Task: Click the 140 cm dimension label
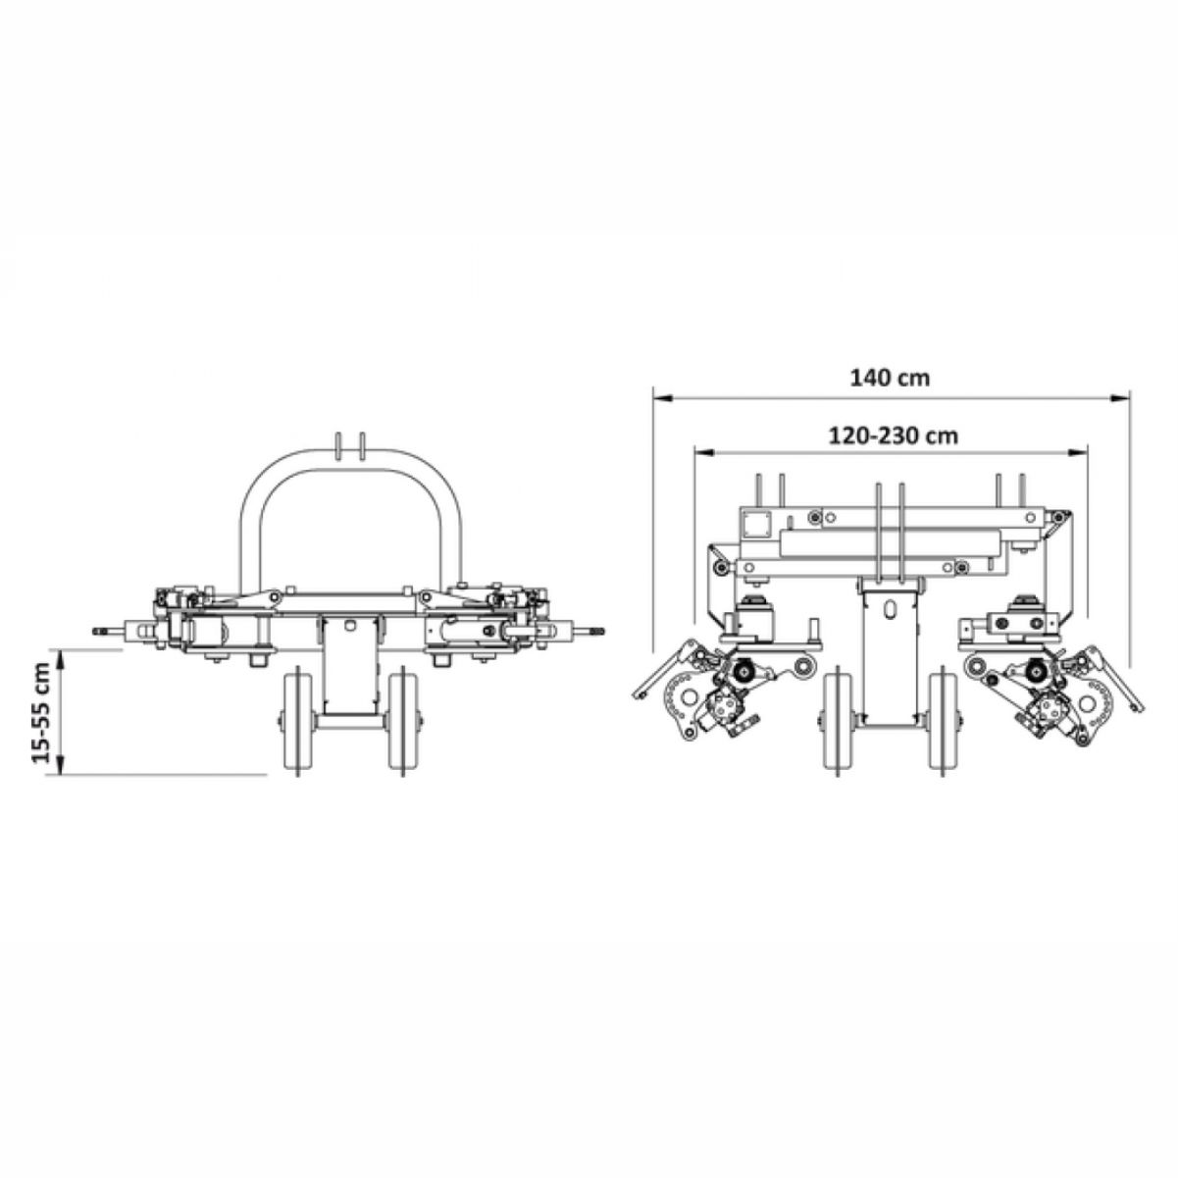click(x=890, y=378)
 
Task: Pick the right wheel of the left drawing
click(x=401, y=722)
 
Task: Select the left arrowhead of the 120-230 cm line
click(x=704, y=453)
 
